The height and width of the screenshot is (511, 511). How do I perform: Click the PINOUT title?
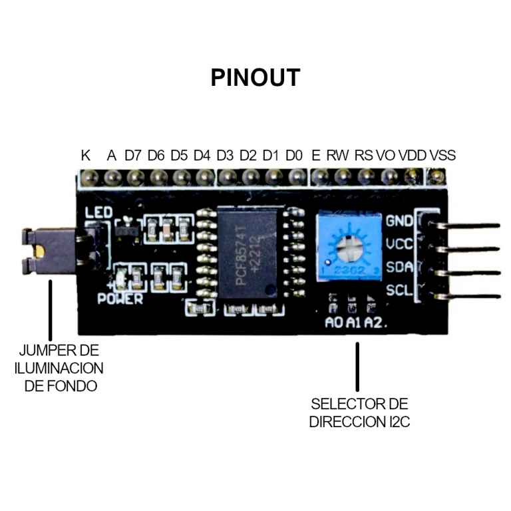tap(255, 77)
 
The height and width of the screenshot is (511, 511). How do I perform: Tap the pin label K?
tap(86, 156)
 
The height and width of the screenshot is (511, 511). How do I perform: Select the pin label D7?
tap(133, 156)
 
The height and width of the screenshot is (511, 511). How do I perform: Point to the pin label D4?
tap(202, 156)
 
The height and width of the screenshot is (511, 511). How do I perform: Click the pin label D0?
tap(294, 156)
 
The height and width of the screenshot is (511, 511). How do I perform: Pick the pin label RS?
tap(363, 156)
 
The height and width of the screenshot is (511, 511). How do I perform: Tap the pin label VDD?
tap(413, 156)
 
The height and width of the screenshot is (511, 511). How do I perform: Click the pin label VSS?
tap(442, 156)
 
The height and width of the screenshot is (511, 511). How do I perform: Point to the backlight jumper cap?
tap(36, 251)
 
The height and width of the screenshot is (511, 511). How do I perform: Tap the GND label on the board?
tap(399, 221)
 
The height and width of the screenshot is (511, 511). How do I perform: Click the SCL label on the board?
tap(399, 290)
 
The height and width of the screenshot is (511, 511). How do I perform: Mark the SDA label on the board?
tap(399, 267)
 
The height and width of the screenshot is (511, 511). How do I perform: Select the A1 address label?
tap(353, 323)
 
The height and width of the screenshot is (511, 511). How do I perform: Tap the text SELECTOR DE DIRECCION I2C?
tap(359, 413)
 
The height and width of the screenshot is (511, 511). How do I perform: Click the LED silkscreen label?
tap(98, 213)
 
